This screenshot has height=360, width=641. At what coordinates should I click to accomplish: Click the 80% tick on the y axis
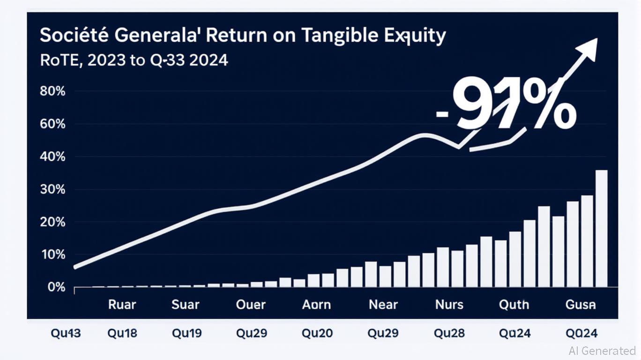(53, 91)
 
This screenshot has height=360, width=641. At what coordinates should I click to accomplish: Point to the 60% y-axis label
(53, 124)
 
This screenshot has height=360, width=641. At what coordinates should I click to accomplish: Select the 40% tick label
(53, 157)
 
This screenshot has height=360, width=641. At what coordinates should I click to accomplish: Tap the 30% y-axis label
(53, 189)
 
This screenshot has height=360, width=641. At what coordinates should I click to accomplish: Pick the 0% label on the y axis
(56, 287)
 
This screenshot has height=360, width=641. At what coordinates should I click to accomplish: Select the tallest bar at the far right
(601, 228)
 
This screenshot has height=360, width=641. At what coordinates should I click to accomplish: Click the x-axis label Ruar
(122, 305)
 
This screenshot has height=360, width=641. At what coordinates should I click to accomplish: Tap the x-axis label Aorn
(316, 305)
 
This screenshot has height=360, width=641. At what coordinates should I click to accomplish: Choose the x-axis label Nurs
(449, 305)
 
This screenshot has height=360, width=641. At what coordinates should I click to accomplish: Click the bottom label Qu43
(65, 333)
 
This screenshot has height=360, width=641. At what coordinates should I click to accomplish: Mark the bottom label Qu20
(317, 333)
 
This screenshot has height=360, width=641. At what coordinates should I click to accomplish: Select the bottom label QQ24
(581, 333)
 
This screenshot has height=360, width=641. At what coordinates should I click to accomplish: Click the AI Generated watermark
(602, 351)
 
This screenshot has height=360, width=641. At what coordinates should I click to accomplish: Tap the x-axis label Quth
(514, 305)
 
